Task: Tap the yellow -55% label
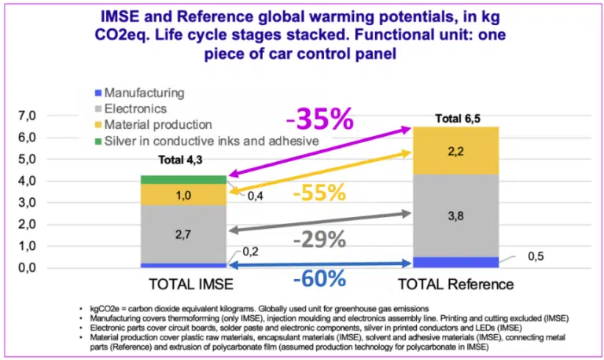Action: point(322,193)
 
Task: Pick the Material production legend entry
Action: point(157,124)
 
